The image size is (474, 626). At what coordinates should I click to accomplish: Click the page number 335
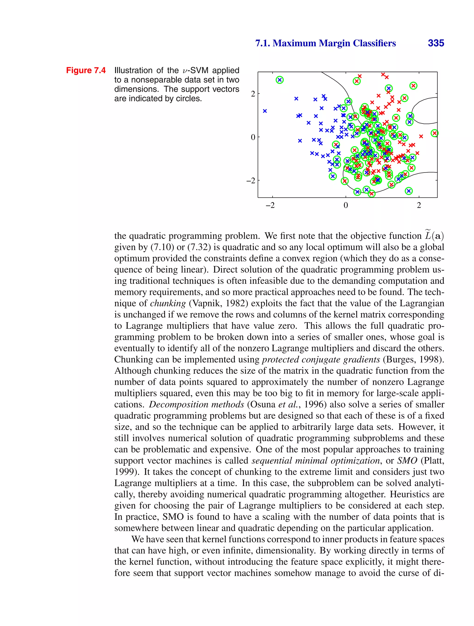pos(436,43)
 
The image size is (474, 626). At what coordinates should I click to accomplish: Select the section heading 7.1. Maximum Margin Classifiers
pos(325,43)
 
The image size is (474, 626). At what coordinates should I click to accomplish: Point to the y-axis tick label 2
pos(253,94)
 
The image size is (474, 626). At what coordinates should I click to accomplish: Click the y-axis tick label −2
pos(251,180)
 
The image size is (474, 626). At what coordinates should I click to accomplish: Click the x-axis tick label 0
pos(346,205)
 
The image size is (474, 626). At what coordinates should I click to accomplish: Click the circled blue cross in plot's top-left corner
pos(280,80)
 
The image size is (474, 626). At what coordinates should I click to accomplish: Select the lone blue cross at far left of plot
pos(265,111)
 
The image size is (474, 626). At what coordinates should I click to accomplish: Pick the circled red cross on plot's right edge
pos(434,133)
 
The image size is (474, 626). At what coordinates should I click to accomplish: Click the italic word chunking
pos(168,303)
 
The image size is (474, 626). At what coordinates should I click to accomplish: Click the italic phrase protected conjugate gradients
pos(321,359)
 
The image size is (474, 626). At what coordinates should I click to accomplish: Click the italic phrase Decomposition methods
pos(196,404)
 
